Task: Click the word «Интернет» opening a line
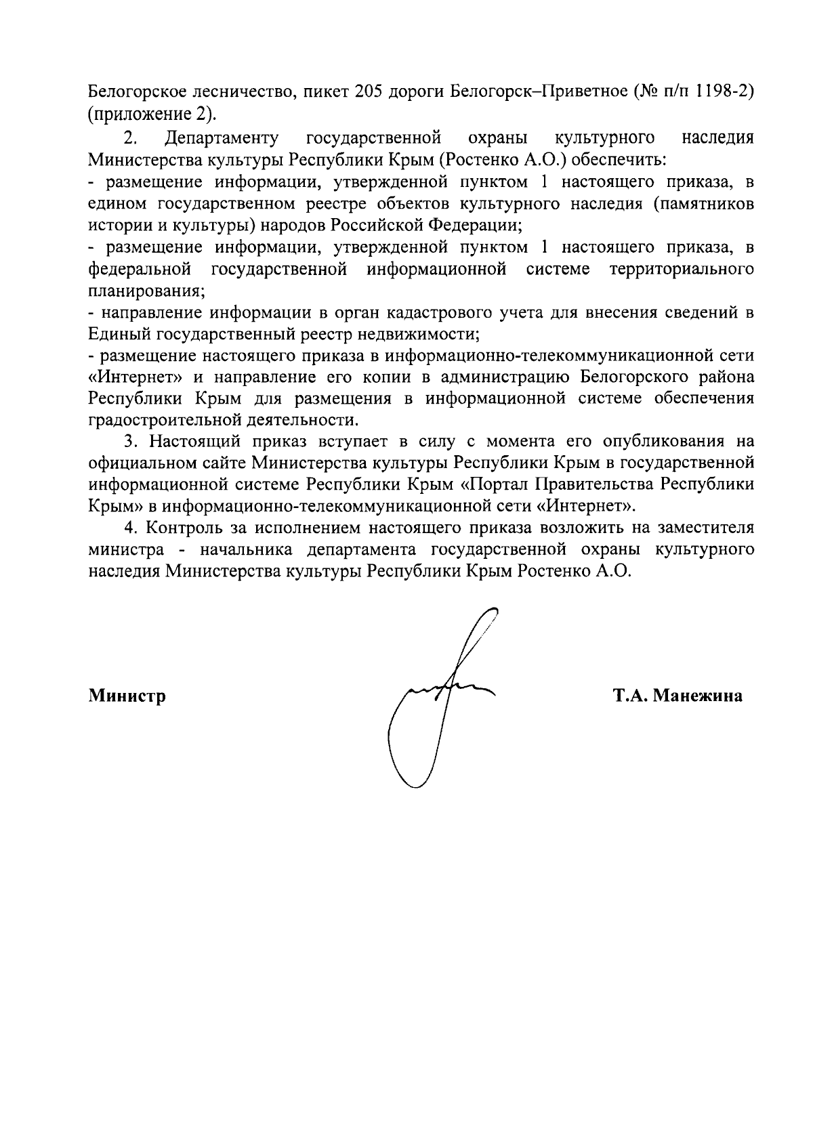coord(138,377)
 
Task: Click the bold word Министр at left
coord(127,696)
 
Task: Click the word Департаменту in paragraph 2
coord(221,139)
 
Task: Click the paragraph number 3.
coord(129,442)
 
